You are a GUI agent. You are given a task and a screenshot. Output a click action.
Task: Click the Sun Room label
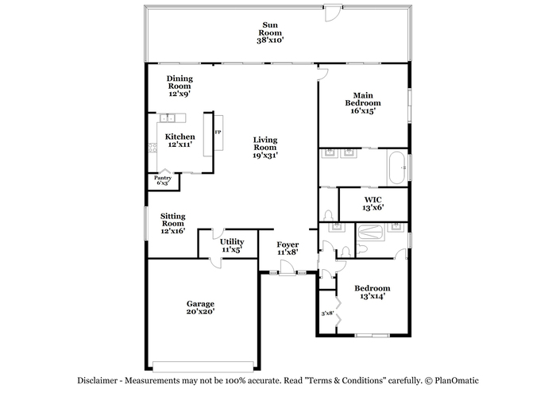(x=270, y=33)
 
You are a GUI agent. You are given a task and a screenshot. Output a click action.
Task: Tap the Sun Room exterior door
(x=334, y=13)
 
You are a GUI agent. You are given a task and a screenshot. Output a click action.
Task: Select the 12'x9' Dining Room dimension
(x=180, y=94)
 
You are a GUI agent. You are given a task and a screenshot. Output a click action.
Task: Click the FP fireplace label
(x=218, y=133)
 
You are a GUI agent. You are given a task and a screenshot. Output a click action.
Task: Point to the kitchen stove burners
(x=153, y=148)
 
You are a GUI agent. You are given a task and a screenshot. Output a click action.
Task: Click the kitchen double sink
(x=168, y=118)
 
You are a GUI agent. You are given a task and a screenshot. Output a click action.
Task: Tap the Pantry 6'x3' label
(x=163, y=180)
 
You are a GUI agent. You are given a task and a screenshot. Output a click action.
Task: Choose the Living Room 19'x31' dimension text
(x=265, y=156)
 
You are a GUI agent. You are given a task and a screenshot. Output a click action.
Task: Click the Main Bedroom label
(x=363, y=103)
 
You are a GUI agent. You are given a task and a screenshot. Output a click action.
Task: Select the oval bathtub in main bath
(x=397, y=167)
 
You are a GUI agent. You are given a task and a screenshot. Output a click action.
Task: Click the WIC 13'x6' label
(x=373, y=204)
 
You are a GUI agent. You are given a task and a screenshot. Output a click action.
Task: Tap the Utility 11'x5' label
(x=232, y=245)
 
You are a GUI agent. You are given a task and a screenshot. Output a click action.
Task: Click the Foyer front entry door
(x=288, y=268)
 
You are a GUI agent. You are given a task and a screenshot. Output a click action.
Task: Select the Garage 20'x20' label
(x=200, y=308)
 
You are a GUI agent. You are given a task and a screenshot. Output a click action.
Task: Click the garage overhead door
(x=203, y=366)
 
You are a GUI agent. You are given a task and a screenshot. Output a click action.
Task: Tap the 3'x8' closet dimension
(x=327, y=314)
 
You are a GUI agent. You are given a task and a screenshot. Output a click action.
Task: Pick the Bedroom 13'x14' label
(x=373, y=292)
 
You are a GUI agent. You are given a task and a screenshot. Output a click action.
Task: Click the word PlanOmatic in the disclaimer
(x=457, y=381)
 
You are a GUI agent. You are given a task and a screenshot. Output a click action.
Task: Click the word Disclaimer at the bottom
(x=97, y=381)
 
